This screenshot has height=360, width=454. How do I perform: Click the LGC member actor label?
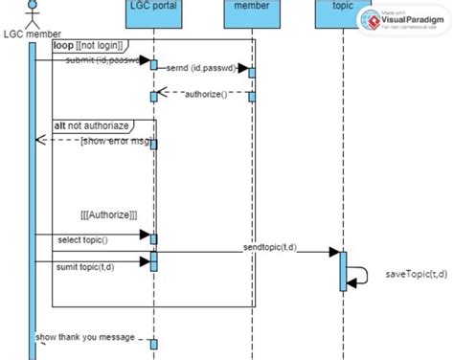(32, 34)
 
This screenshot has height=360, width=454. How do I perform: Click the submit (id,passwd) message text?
(105, 60)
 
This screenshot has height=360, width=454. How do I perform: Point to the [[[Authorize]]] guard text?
(109, 215)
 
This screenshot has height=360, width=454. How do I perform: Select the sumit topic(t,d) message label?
(86, 266)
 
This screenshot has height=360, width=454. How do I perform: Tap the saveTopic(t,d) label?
(416, 274)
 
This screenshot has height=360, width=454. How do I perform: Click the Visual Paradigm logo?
(401, 22)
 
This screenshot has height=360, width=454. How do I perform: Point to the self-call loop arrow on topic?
(360, 276)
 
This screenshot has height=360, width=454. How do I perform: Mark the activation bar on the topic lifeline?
(342, 270)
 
